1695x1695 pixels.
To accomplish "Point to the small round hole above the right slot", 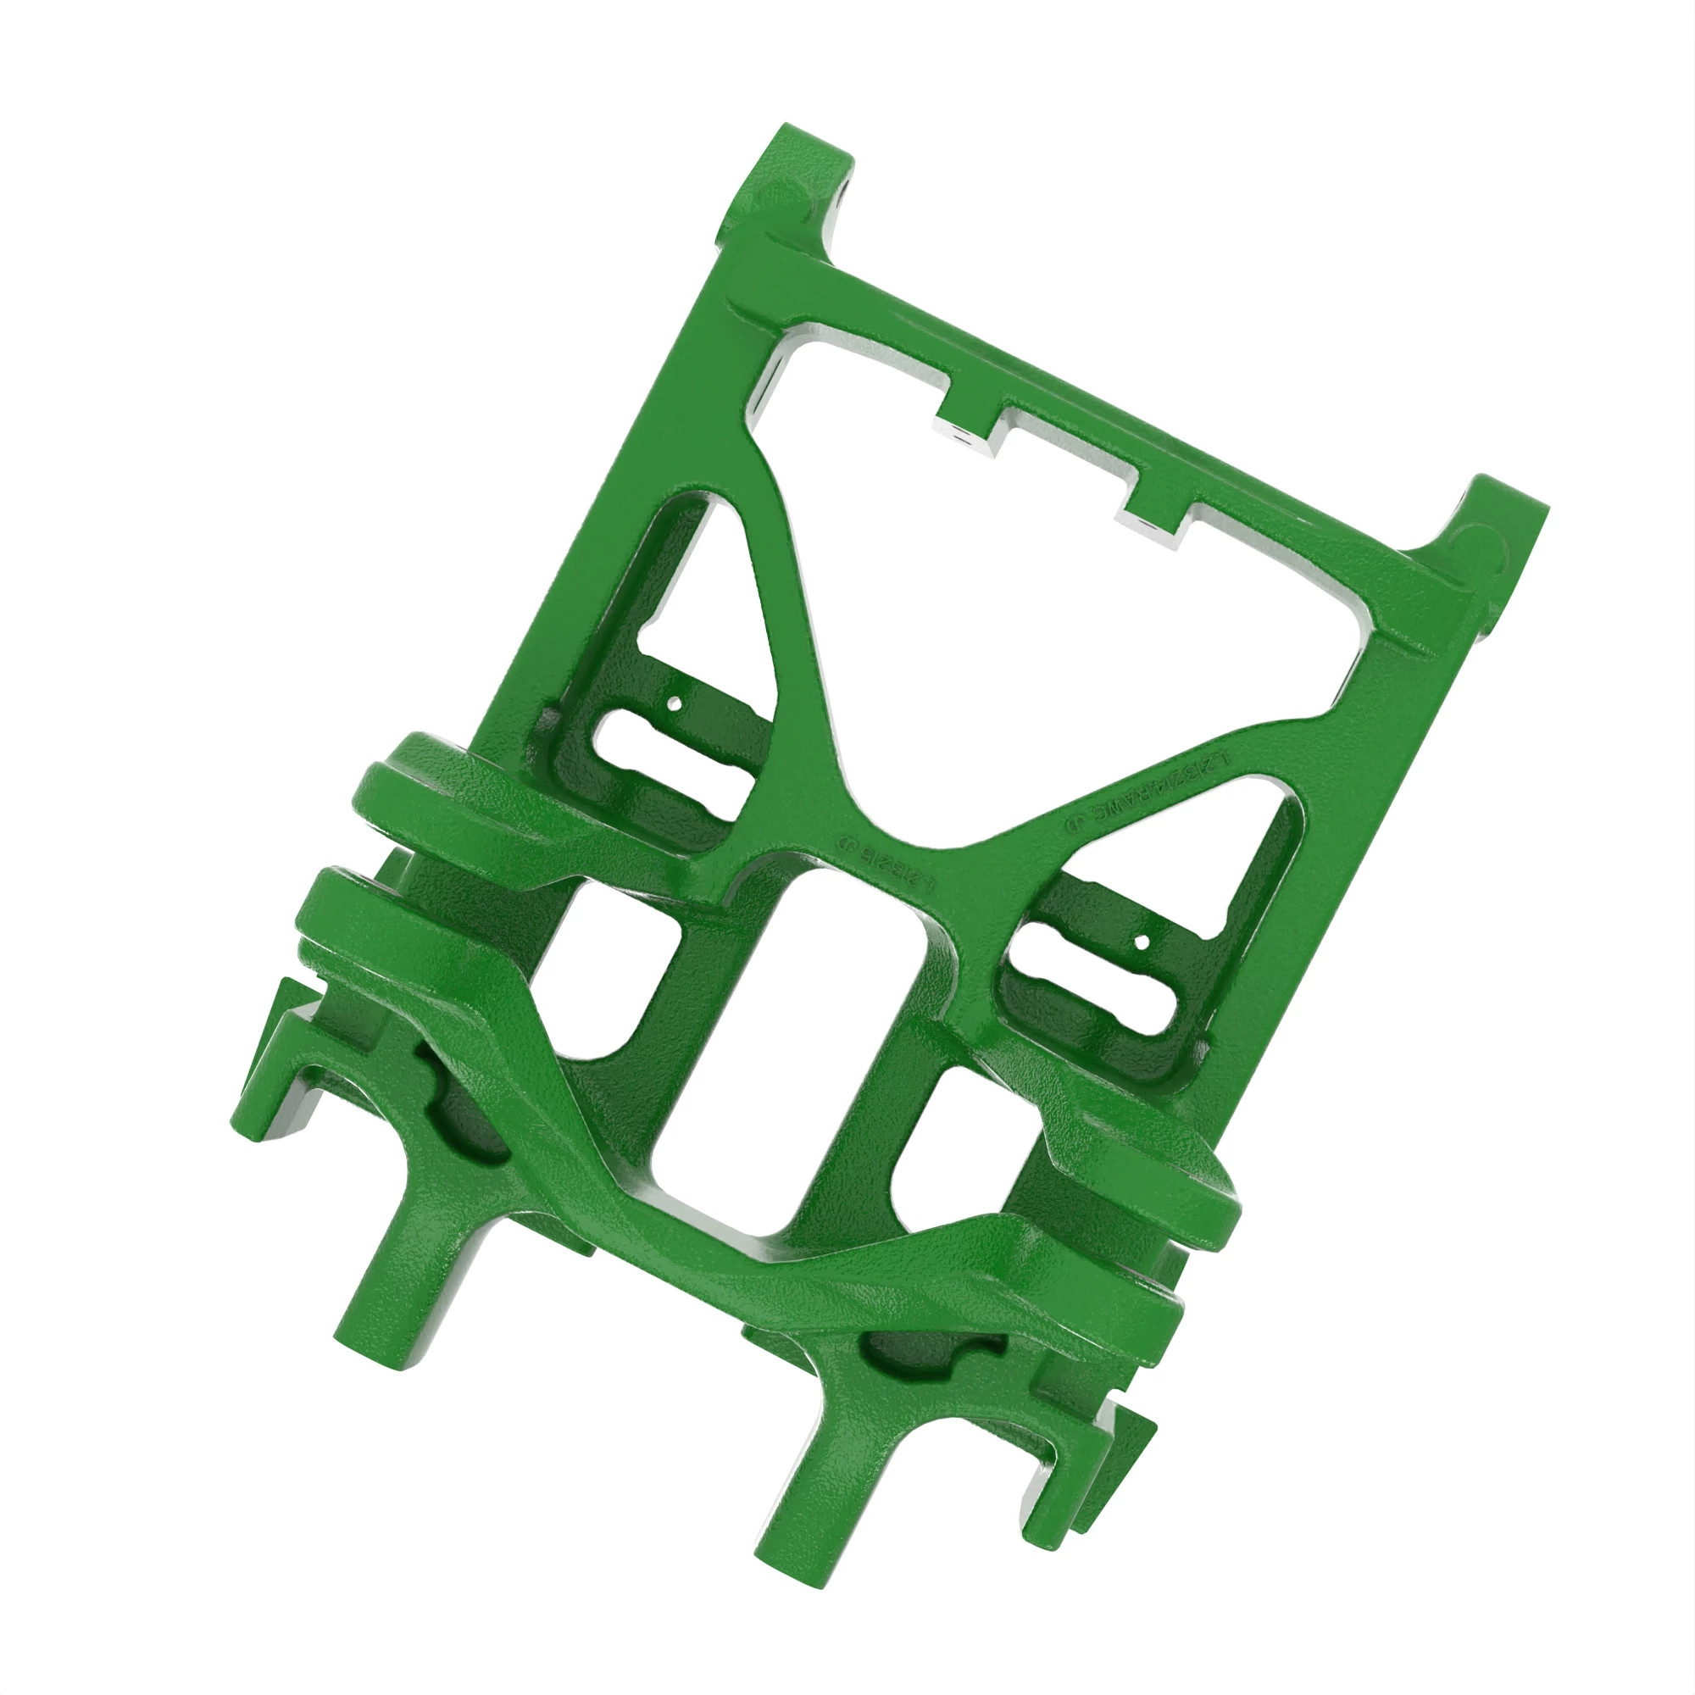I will (x=1142, y=942).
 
